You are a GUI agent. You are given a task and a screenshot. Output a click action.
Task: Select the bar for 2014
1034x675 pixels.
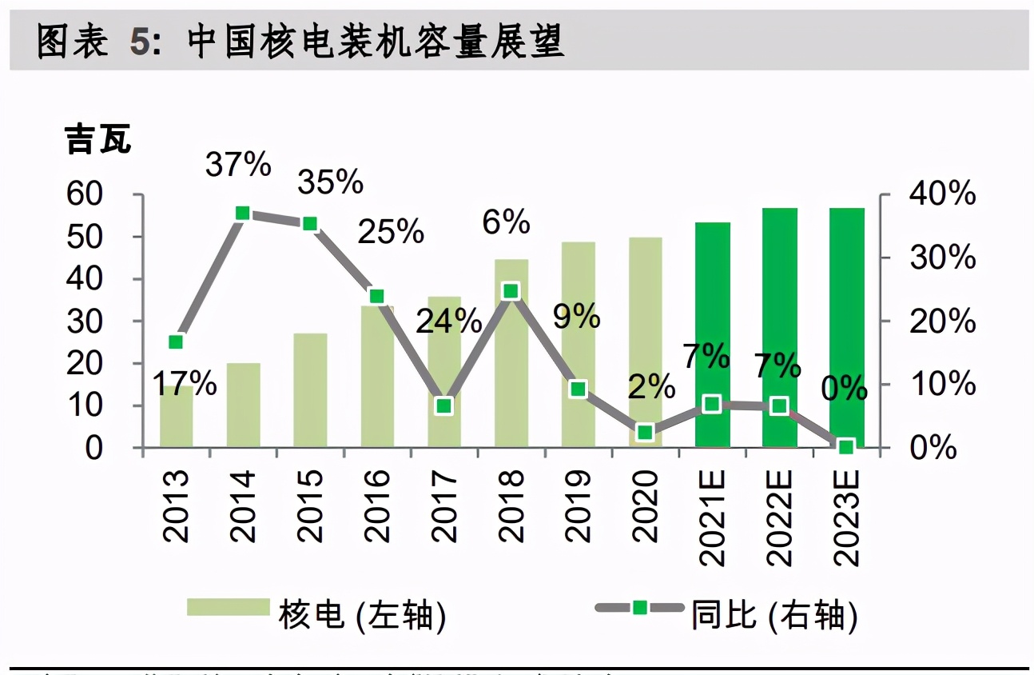pos(244,405)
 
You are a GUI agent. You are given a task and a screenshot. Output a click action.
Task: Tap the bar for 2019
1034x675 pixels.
pos(579,344)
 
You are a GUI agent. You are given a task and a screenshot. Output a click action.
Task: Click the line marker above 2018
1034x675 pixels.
pos(511,291)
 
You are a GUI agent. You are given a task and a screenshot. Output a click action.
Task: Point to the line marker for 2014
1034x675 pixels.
pos(244,214)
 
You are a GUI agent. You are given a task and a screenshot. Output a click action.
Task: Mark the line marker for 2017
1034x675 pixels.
pos(444,406)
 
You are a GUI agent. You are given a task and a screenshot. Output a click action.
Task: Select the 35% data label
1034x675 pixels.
pos(330,182)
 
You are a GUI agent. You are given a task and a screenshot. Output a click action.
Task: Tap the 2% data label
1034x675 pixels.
pos(651,387)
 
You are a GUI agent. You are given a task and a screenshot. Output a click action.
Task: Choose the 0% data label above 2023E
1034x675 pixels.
pos(845,389)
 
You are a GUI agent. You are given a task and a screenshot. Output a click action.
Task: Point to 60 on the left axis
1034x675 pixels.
pos(82,194)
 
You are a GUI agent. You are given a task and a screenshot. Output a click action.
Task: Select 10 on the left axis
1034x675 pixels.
pos(83,405)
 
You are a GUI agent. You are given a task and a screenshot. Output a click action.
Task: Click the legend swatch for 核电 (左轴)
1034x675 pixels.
pos(228,607)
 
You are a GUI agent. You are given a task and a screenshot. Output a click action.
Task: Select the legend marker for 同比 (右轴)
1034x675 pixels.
pos(639,608)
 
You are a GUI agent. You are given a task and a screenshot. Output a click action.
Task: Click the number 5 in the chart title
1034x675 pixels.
pos(140,42)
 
